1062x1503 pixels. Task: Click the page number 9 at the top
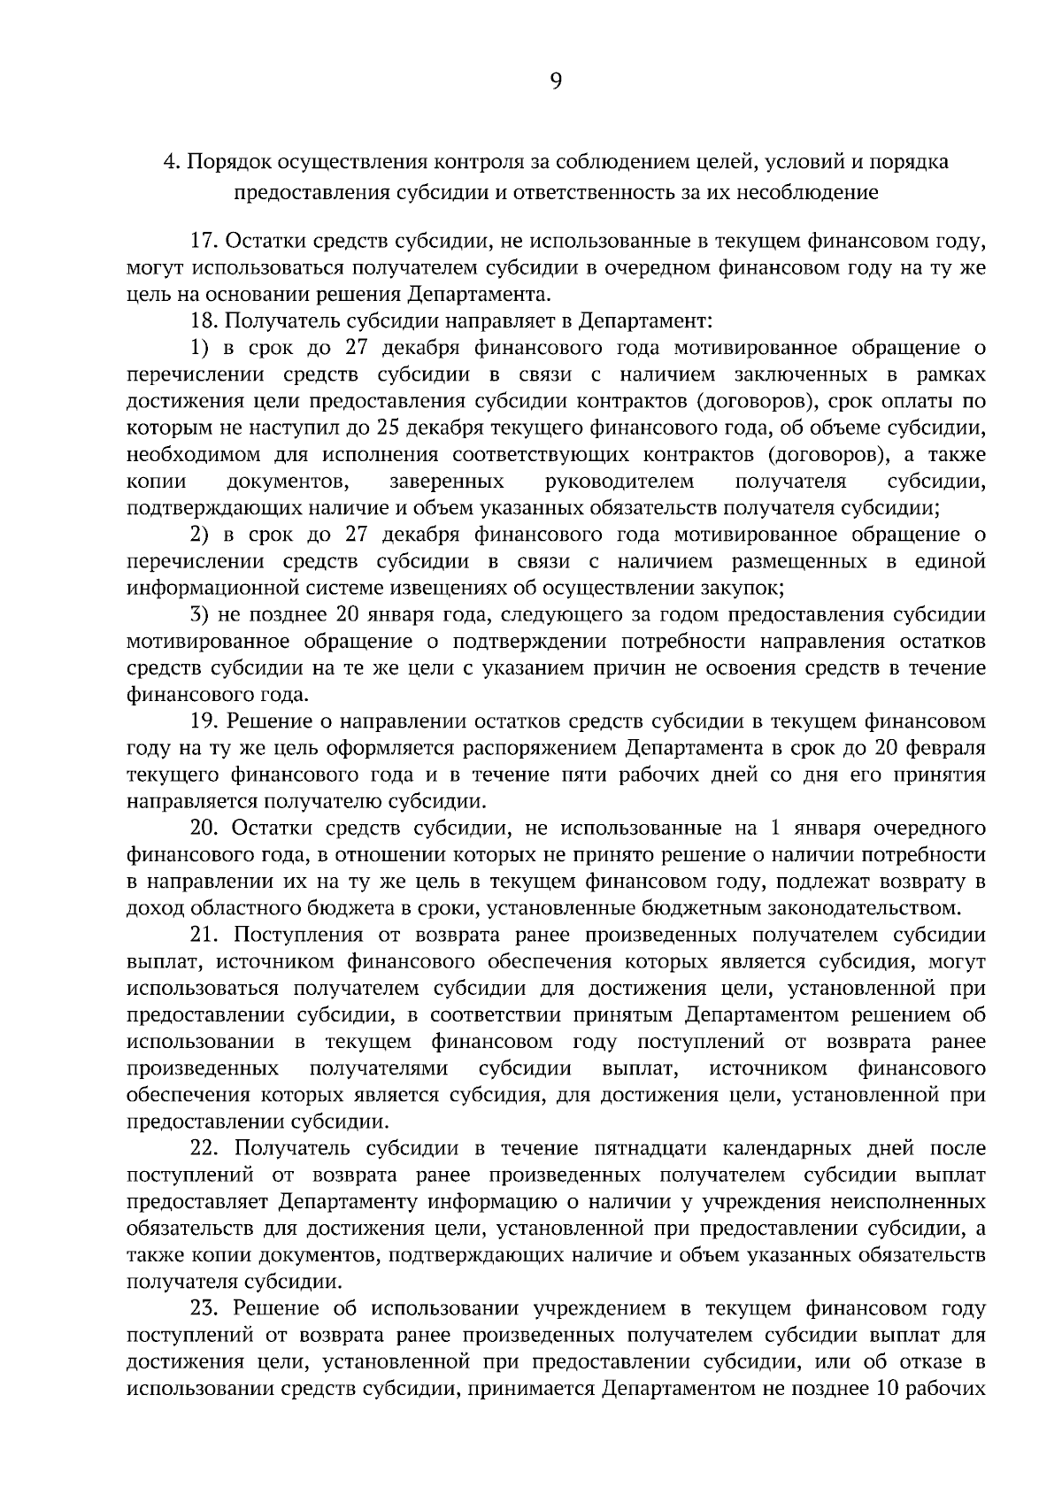click(555, 81)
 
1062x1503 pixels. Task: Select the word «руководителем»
click(619, 481)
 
